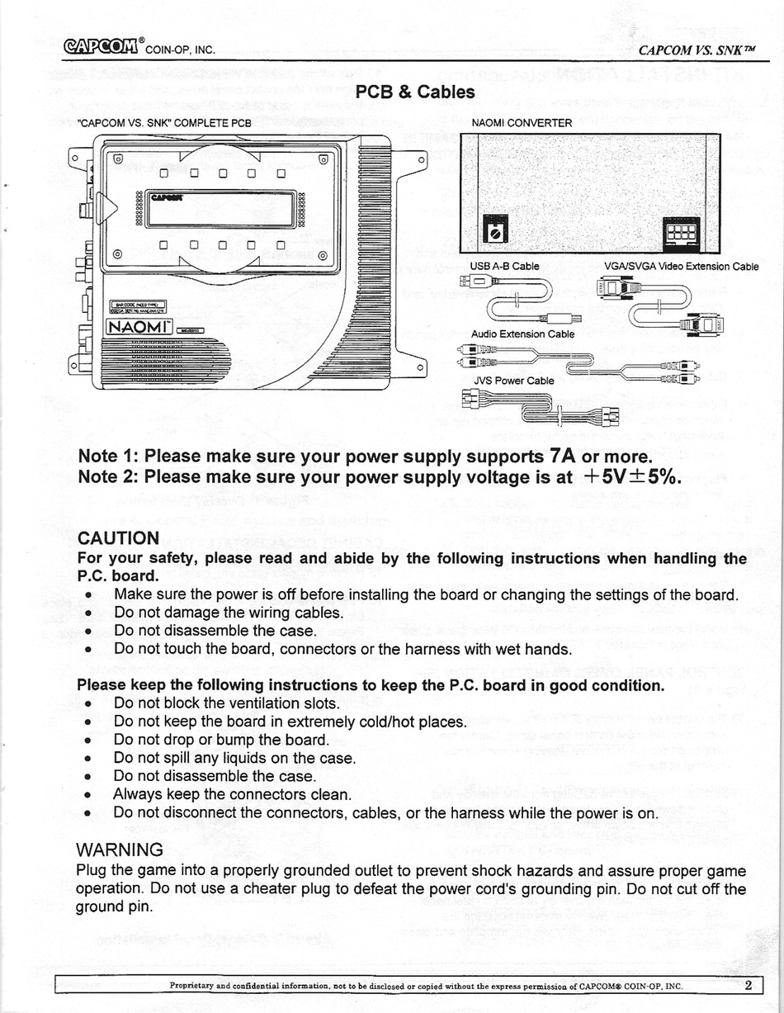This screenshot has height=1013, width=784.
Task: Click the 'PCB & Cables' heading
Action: click(x=414, y=92)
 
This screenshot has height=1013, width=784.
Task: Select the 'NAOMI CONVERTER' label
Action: click(x=522, y=123)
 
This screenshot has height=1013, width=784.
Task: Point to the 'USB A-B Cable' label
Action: click(x=504, y=267)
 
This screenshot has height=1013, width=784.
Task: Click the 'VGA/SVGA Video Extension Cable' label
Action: click(x=681, y=267)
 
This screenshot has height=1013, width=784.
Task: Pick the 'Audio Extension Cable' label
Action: click(x=522, y=334)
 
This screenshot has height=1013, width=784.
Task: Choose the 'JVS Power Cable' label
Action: click(x=512, y=381)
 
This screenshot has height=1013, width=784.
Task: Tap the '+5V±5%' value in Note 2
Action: click(x=632, y=477)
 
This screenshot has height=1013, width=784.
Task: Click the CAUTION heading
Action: click(x=118, y=538)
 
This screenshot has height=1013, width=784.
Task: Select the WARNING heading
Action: click(x=119, y=850)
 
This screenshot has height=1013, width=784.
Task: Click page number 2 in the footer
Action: click(x=748, y=984)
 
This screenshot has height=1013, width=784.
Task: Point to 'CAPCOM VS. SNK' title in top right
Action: click(x=697, y=49)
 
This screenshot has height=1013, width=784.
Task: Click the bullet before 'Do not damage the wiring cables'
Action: click(x=87, y=613)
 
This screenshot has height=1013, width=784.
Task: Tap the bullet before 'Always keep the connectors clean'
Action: click(x=87, y=796)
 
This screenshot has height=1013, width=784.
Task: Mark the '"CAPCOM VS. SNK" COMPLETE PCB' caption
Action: click(x=163, y=123)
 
